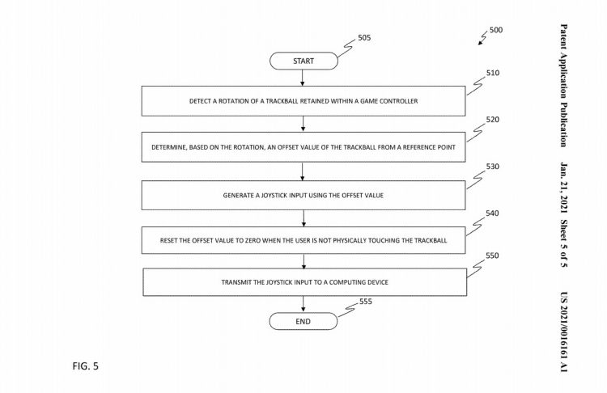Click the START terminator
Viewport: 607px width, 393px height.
303,61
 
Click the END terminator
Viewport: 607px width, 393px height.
303,322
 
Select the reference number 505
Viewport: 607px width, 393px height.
364,37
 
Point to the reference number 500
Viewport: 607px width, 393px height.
496,30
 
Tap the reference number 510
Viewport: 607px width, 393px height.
493,73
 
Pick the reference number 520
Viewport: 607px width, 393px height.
493,120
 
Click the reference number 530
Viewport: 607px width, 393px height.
493,167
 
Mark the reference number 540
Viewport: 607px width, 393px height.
492,213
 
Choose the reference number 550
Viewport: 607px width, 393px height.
492,256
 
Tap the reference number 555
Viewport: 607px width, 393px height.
366,302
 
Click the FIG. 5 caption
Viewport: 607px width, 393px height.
86,366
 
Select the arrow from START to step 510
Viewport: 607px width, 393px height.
303,78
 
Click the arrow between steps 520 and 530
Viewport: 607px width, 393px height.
303,171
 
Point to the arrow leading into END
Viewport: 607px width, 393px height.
303,304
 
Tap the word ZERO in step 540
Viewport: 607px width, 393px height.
253,240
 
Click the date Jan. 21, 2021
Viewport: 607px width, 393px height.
563,188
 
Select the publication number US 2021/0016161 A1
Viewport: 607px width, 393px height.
563,332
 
